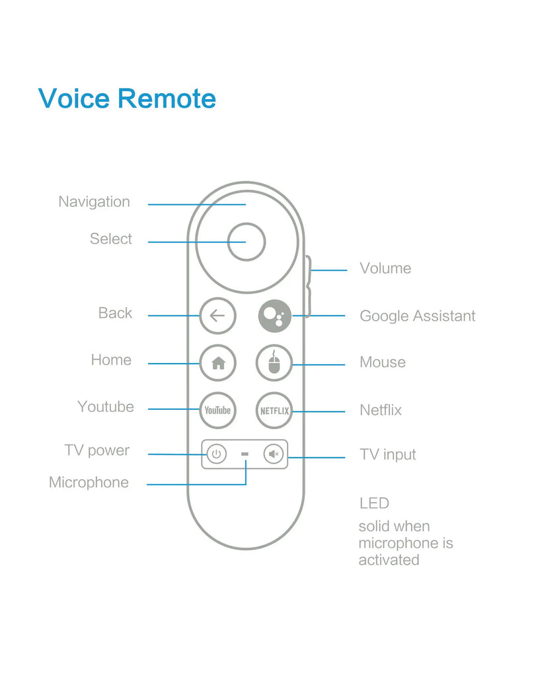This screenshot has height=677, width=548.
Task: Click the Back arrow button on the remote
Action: [217, 315]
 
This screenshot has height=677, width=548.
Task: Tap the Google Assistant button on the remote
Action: [274, 315]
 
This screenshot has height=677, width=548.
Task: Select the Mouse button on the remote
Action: [274, 362]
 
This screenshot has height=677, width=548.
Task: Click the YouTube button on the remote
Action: [217, 410]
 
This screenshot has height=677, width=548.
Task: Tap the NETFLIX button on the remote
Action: [274, 411]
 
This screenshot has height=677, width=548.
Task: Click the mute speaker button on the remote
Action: [273, 454]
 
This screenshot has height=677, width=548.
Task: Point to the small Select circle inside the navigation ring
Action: [246, 241]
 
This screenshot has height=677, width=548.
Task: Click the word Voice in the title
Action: [73, 99]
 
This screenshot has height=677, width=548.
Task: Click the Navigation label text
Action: [94, 202]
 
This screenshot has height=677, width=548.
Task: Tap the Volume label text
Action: [385, 268]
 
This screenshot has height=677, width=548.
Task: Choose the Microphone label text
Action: [89, 482]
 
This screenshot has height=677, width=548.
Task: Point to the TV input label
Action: [387, 454]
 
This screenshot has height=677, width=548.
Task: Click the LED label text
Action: [373, 503]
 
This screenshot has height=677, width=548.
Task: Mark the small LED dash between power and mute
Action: [245, 454]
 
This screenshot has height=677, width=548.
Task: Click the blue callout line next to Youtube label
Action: [173, 409]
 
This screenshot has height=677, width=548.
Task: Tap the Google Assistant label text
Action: [416, 316]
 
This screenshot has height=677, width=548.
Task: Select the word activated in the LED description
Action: [389, 560]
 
